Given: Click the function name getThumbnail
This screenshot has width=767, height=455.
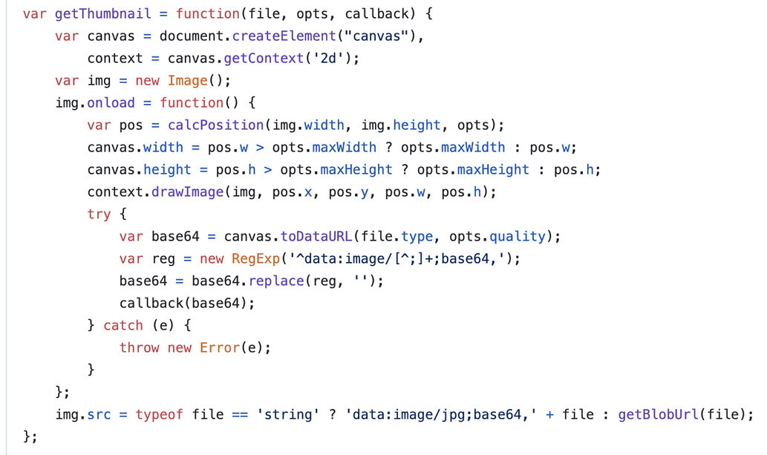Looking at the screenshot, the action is [x=102, y=13].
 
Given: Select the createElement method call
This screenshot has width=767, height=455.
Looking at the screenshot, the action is [x=284, y=36].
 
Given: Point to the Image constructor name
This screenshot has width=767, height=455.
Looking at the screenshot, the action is [x=187, y=80].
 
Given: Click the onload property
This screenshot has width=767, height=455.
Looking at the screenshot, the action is [x=111, y=102].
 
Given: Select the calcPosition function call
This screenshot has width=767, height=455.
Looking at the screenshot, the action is [x=216, y=125].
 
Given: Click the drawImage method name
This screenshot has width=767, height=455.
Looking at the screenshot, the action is [x=187, y=192].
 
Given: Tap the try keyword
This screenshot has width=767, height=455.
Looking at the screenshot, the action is [x=99, y=215].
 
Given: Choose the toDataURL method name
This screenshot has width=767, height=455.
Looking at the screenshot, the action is [x=316, y=236].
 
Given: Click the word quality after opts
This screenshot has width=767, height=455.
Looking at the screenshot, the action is [x=518, y=236].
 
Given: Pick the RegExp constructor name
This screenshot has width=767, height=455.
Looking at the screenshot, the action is [x=256, y=258].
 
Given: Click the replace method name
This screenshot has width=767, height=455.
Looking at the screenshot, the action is [x=276, y=281].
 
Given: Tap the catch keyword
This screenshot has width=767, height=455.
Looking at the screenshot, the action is [x=123, y=325].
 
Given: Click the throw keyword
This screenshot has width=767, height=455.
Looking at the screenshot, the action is [x=139, y=347].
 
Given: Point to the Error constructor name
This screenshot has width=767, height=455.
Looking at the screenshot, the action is [x=220, y=347].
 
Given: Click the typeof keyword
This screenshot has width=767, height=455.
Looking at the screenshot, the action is [x=159, y=414].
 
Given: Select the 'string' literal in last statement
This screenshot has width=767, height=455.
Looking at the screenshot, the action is [x=288, y=414].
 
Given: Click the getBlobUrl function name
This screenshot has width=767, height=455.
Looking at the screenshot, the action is [x=659, y=414].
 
